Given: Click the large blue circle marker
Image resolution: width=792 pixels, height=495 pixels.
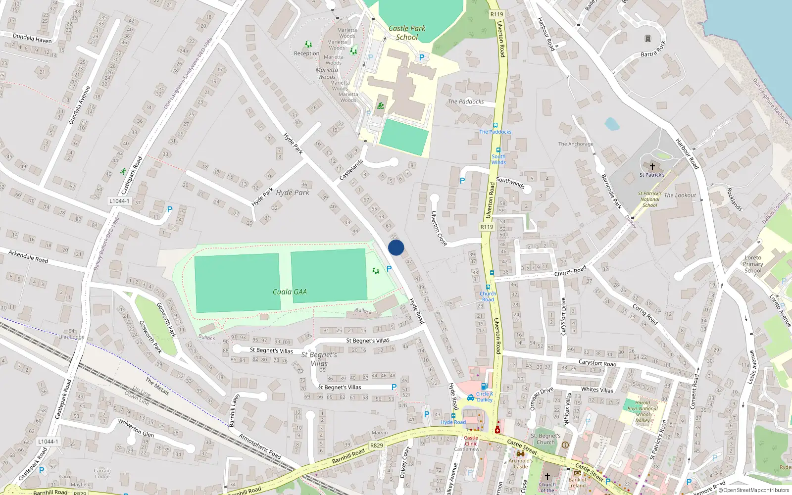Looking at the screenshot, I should click(x=396, y=247).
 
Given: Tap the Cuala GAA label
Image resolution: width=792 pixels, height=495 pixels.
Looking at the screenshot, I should click(x=290, y=292).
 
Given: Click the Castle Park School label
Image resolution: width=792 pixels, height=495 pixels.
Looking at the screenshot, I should click(x=407, y=33).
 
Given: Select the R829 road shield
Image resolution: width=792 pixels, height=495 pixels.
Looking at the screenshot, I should click(x=377, y=445).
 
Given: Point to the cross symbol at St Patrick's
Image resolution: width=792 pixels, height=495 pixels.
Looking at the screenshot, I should click(x=652, y=167).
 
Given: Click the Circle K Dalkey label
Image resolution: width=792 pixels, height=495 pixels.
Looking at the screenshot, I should click(x=485, y=397).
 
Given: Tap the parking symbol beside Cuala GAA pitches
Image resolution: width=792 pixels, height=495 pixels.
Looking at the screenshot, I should click(x=389, y=269).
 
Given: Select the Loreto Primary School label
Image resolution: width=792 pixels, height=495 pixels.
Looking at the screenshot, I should click(x=753, y=264).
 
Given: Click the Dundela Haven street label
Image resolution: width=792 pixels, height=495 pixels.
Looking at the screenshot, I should click(x=32, y=39).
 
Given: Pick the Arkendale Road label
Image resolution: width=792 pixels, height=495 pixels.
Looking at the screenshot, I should click(x=28, y=256).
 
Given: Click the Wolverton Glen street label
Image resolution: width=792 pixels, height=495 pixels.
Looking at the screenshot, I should click(x=136, y=428).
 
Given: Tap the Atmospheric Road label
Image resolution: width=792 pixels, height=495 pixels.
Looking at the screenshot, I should click(x=260, y=446).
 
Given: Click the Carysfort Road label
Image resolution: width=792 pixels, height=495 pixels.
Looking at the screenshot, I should click(x=597, y=363).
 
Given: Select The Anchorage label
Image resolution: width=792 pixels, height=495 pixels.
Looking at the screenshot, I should click(x=576, y=144).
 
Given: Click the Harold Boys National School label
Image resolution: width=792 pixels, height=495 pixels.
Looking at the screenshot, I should click(x=643, y=411).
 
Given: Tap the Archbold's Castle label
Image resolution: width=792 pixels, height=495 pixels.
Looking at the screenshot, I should click(x=521, y=463).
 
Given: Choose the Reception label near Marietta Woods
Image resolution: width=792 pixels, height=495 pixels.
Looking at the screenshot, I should click(x=306, y=53).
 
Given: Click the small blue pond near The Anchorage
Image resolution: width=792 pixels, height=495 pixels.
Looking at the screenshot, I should click(x=612, y=123).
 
